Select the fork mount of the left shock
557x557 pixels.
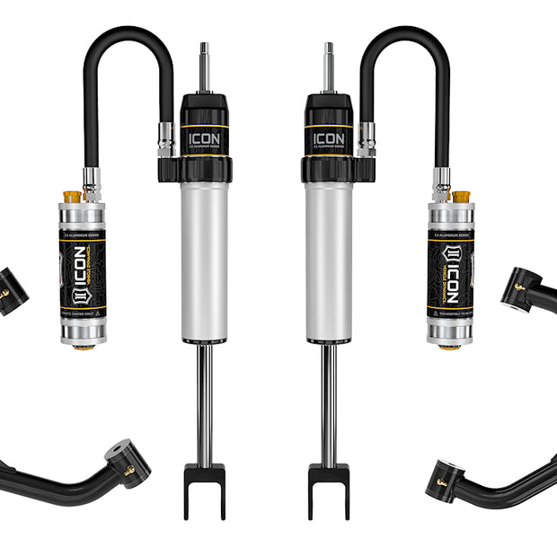[205, 489]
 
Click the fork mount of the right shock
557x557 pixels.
[328, 489]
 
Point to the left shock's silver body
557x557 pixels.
[205, 261]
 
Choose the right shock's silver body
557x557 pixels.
[328, 261]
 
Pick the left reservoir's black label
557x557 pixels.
[82, 275]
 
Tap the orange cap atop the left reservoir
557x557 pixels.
[71, 196]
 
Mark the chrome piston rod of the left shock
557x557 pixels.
[205, 404]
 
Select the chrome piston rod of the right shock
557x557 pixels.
[328, 404]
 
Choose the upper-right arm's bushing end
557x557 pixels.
[520, 289]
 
